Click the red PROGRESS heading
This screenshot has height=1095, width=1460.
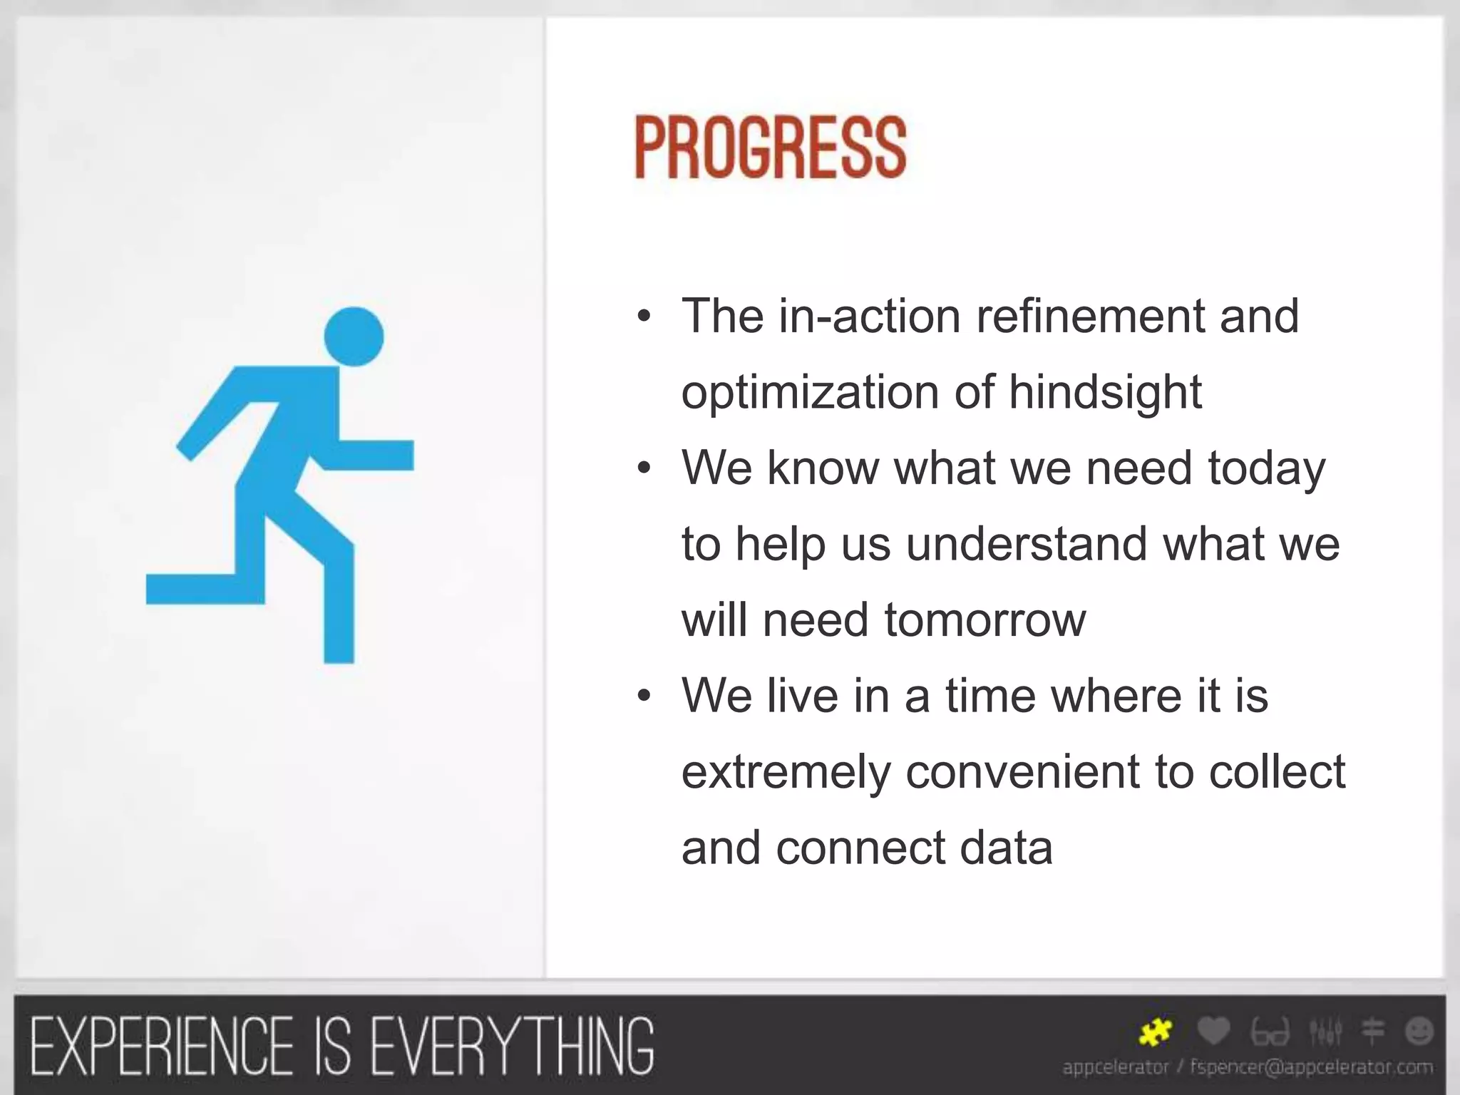click(x=770, y=148)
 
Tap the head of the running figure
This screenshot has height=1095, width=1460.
click(x=354, y=336)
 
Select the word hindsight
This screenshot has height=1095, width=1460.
click(x=1105, y=392)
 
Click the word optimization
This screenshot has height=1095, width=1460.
click(x=810, y=392)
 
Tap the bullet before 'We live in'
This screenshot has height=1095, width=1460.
click(x=644, y=696)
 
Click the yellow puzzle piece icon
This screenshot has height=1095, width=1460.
click(x=1154, y=1032)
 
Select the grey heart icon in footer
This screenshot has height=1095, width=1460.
click(x=1213, y=1031)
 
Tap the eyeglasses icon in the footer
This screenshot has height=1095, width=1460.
click(x=1270, y=1032)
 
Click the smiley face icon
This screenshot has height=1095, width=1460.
click(x=1419, y=1031)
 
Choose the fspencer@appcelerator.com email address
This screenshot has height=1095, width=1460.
click(x=1311, y=1067)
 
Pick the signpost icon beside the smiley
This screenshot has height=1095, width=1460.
click(x=1373, y=1031)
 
